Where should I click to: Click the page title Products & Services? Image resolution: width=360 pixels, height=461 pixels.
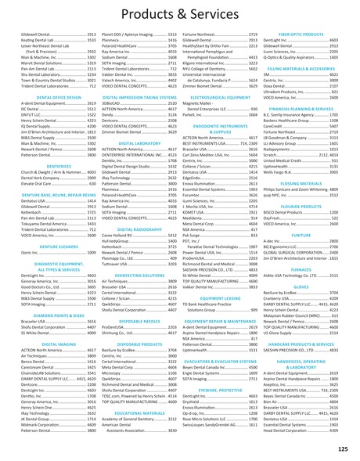[x=180, y=16]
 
